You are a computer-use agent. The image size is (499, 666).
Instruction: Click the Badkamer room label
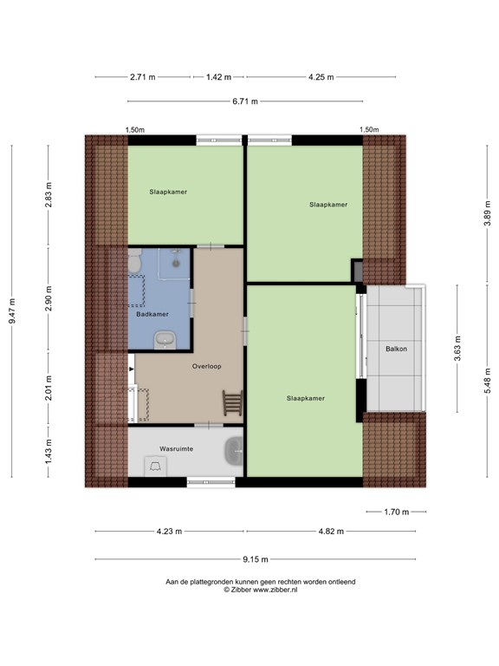pos(152,314)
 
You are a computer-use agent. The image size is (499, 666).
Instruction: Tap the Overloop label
pos(206,366)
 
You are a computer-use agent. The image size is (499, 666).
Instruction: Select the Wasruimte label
pos(175,448)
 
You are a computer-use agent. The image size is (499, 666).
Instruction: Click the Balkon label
pos(396,349)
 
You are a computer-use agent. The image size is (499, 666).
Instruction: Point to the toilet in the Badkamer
pos(134,261)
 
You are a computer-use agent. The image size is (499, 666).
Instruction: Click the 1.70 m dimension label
pos(395,511)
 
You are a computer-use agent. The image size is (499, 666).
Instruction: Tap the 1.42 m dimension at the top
pos(218,77)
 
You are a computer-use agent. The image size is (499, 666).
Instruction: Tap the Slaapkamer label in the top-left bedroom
pos(168,192)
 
